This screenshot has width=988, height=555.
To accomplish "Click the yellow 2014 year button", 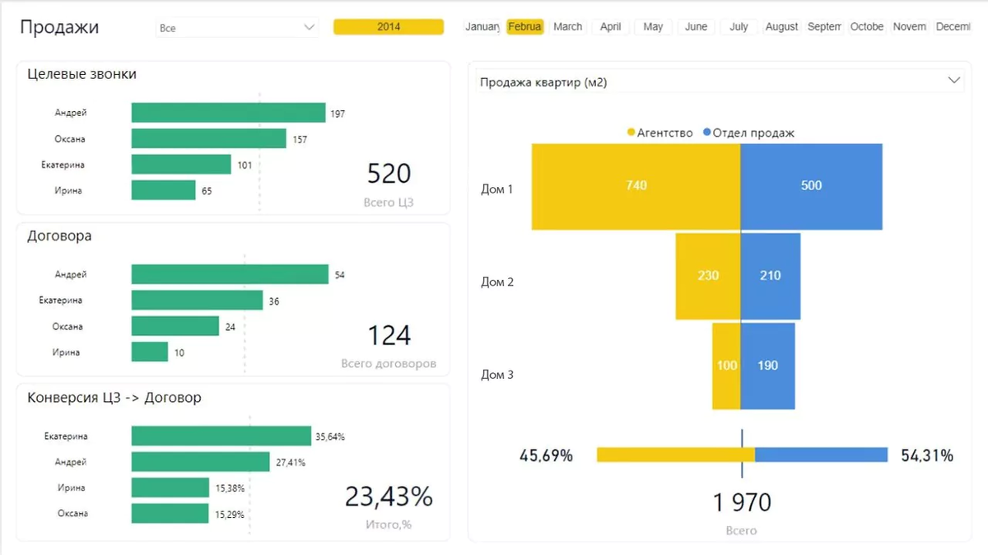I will [389, 27].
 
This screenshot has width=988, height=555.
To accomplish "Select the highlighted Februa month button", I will [524, 27].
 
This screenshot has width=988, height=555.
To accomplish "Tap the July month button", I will [739, 27].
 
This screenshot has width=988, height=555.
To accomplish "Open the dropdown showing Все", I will [236, 28].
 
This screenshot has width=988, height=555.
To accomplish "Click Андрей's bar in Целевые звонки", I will [228, 113].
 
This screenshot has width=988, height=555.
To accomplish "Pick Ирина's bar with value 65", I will [163, 190].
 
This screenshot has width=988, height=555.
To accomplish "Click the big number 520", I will [389, 174].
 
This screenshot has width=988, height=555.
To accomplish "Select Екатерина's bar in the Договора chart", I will [197, 301].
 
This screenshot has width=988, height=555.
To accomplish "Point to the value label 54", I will [339, 275].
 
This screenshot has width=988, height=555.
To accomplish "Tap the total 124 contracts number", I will [389, 336].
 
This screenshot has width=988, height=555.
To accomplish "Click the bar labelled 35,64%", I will [221, 436].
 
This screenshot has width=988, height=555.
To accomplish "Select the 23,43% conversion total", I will [389, 497].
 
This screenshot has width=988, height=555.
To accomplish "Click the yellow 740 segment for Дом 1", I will [636, 186].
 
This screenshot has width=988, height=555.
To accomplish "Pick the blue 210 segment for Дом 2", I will [771, 276].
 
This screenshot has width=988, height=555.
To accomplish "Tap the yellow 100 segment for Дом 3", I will [726, 366].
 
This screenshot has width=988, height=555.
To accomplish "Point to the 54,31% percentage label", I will [927, 455].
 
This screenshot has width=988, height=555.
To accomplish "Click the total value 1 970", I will [742, 501].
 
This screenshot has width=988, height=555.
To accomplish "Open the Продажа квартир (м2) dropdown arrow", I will [954, 81].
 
